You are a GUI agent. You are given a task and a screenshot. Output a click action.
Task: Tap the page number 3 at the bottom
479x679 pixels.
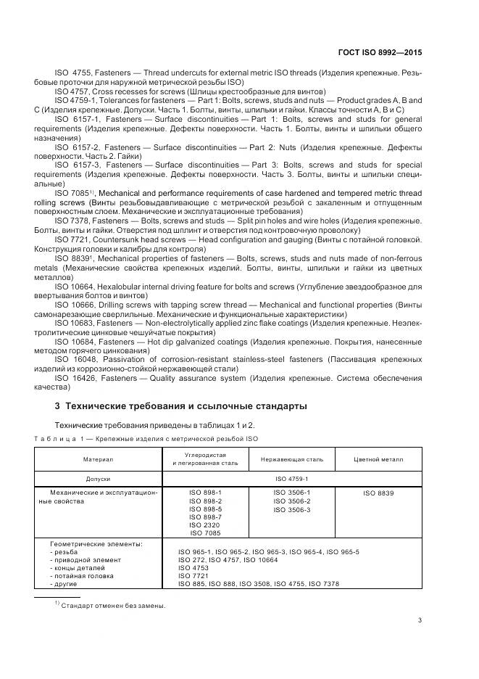421,620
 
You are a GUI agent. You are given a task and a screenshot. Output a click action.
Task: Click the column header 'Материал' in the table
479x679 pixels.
99,459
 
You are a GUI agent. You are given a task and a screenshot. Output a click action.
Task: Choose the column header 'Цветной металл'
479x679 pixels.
378,459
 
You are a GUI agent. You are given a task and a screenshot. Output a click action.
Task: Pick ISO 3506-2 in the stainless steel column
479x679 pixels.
291,501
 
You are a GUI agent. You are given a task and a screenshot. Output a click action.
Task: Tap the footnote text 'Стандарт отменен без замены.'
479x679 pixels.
114,606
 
